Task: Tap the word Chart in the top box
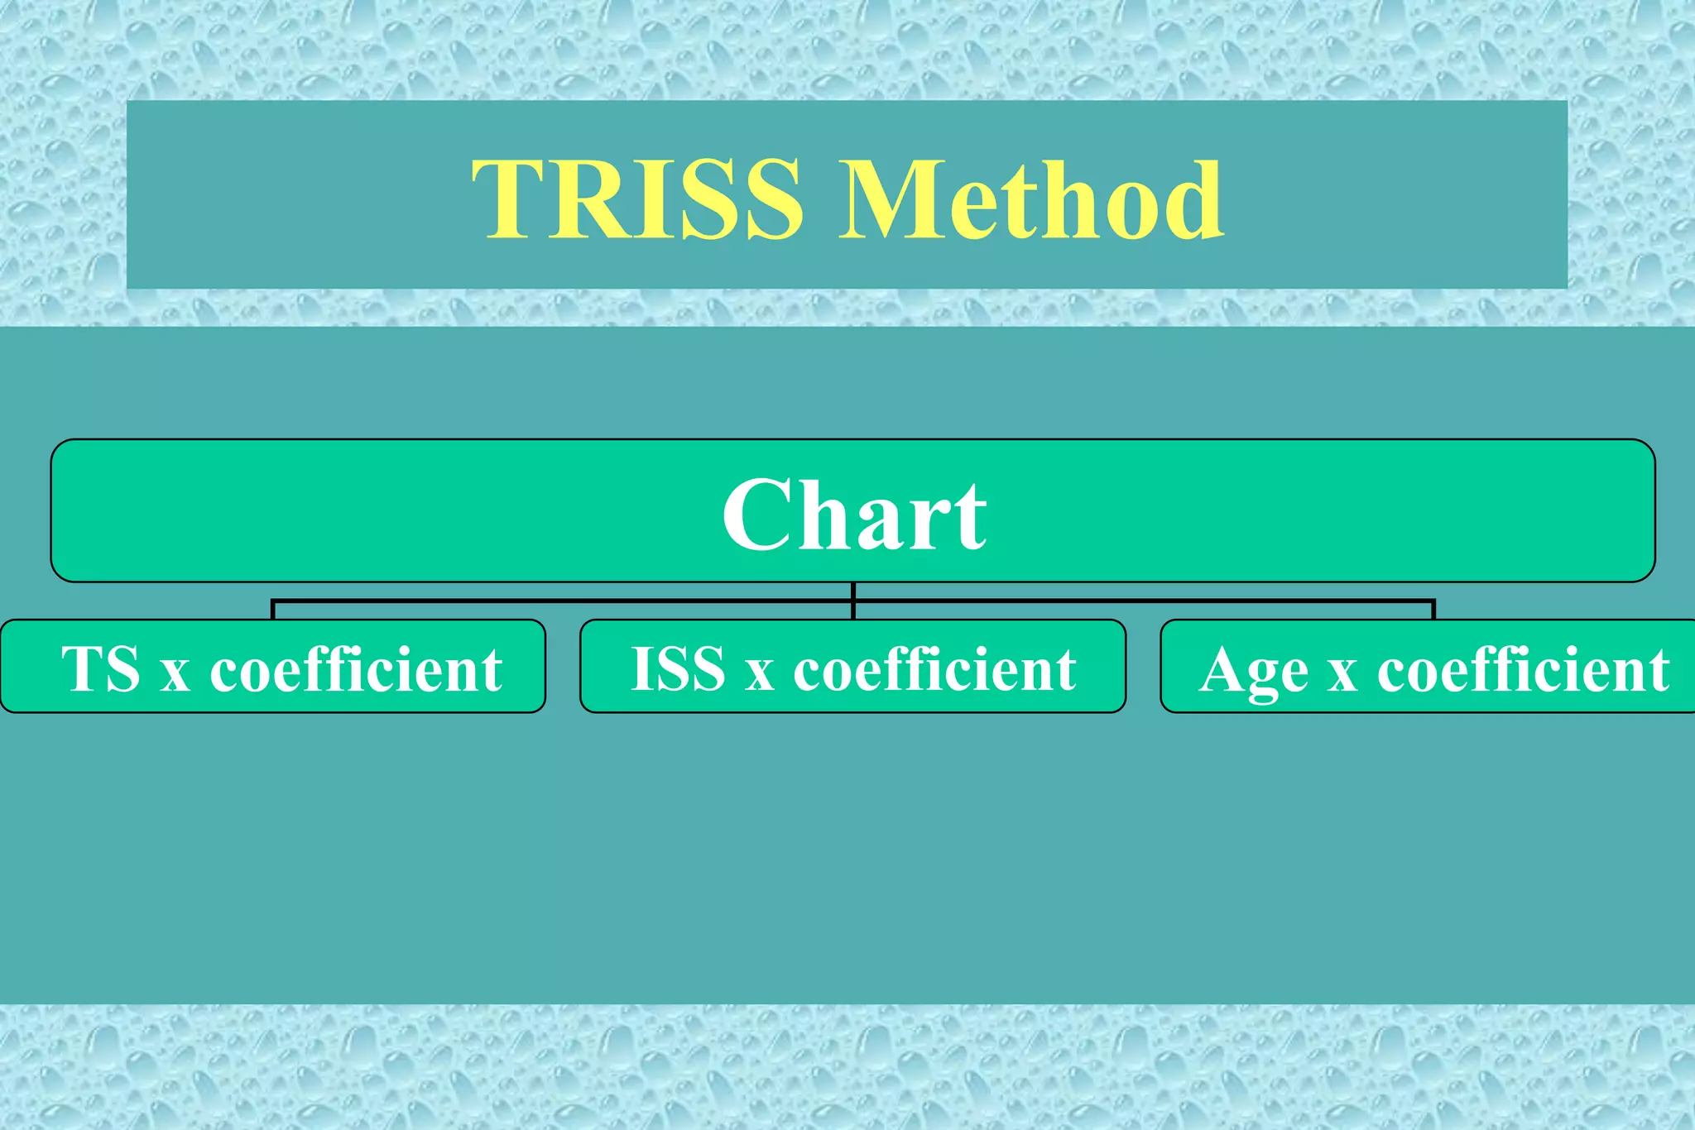[x=854, y=515]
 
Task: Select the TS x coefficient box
[x=273, y=667]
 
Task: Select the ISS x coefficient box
[x=852, y=667]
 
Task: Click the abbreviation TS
[x=101, y=668]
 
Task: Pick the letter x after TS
[x=175, y=674]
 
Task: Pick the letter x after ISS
[x=759, y=674]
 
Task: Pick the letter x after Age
[x=1342, y=674]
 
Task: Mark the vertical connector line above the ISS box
[x=852, y=601]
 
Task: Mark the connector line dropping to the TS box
[x=272, y=610]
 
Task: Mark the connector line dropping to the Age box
[x=1433, y=610]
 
